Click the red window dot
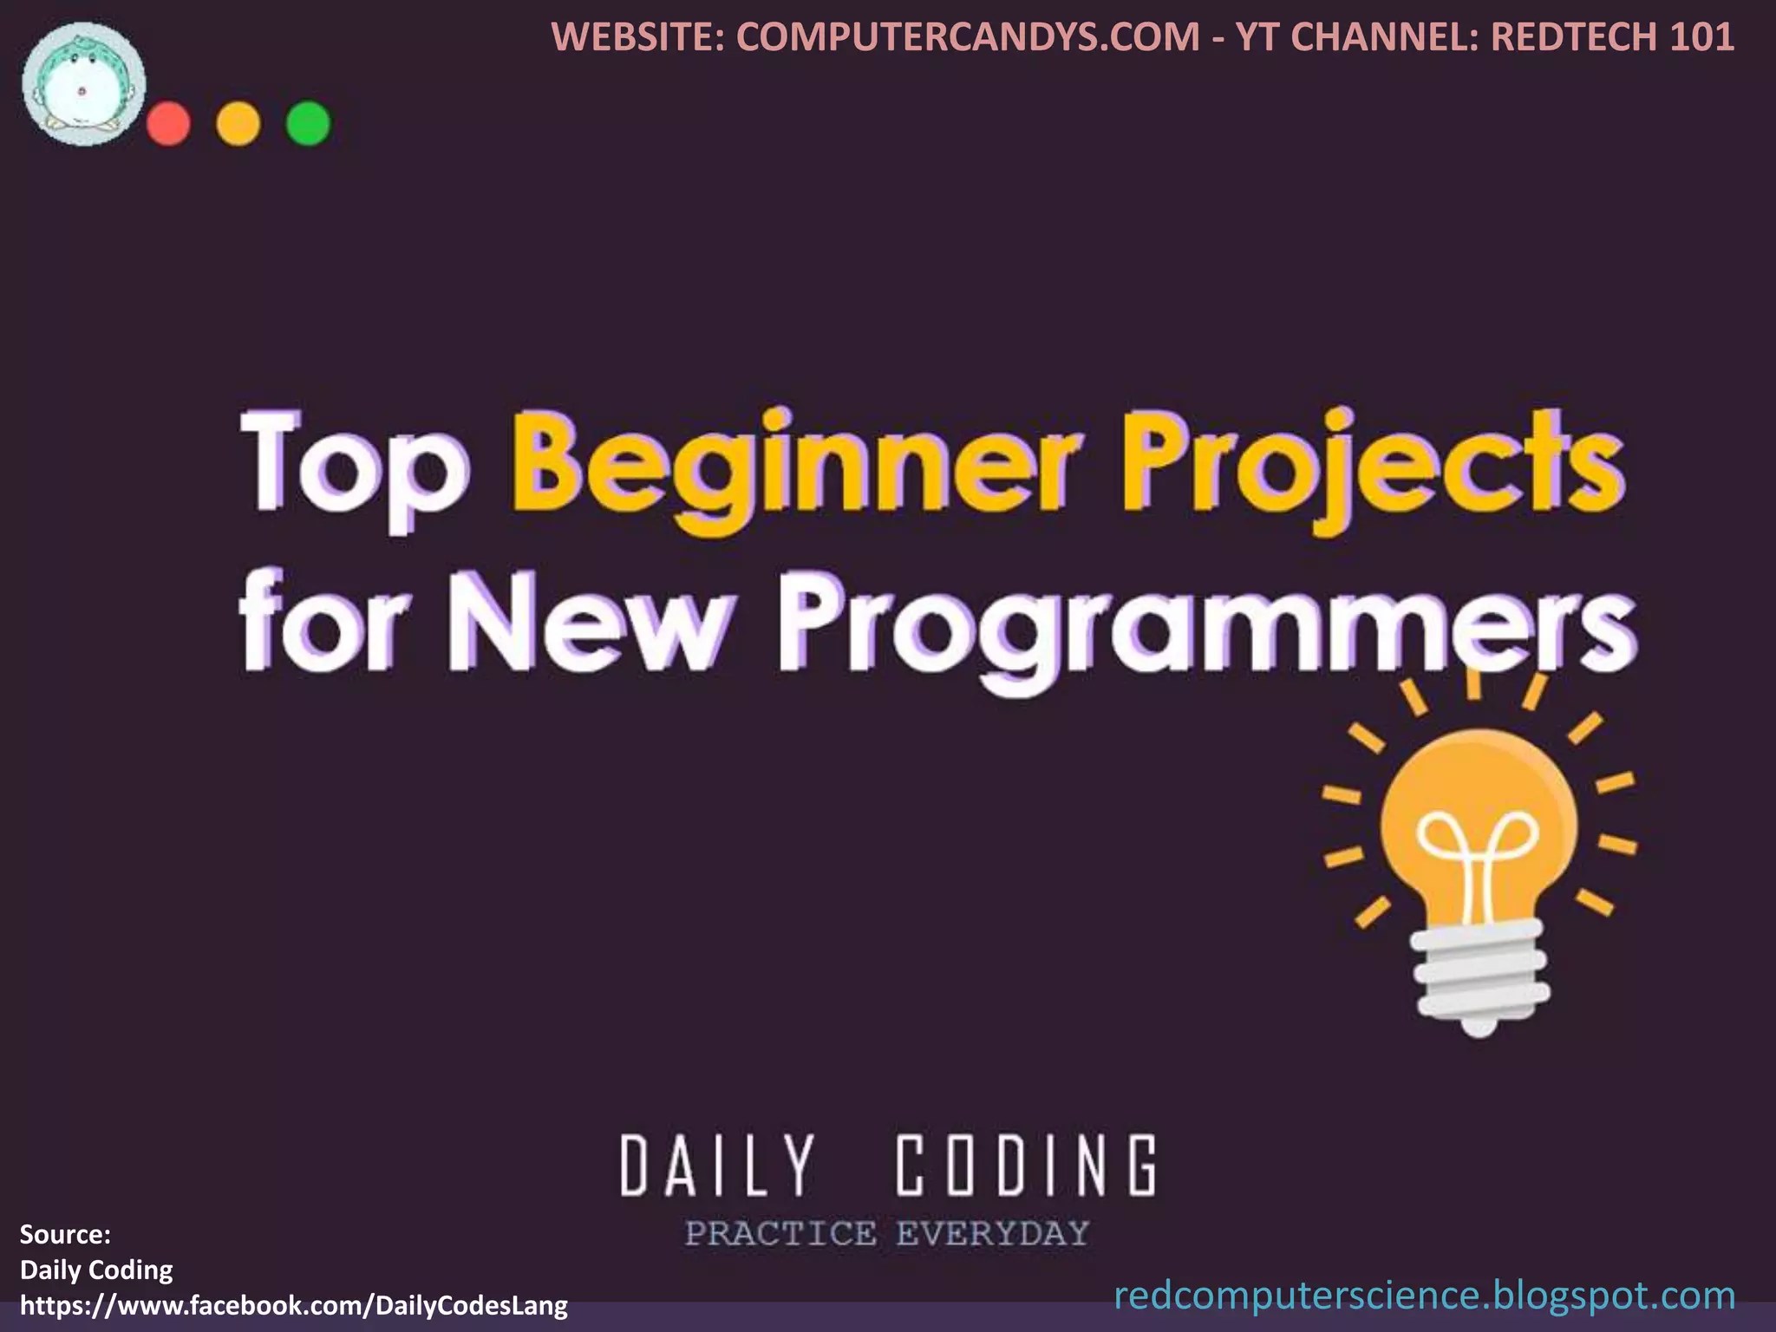click(x=168, y=124)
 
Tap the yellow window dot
click(x=238, y=124)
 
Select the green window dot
click(x=308, y=124)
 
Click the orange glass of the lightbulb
click(x=1479, y=824)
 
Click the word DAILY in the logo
click(x=718, y=1166)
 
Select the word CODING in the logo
click(x=1026, y=1166)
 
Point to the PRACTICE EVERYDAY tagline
click(x=886, y=1233)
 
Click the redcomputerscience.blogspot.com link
click(x=1424, y=1296)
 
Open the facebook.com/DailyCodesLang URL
click(x=294, y=1305)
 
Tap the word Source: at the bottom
click(x=65, y=1234)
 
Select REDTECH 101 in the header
click(x=1612, y=36)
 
